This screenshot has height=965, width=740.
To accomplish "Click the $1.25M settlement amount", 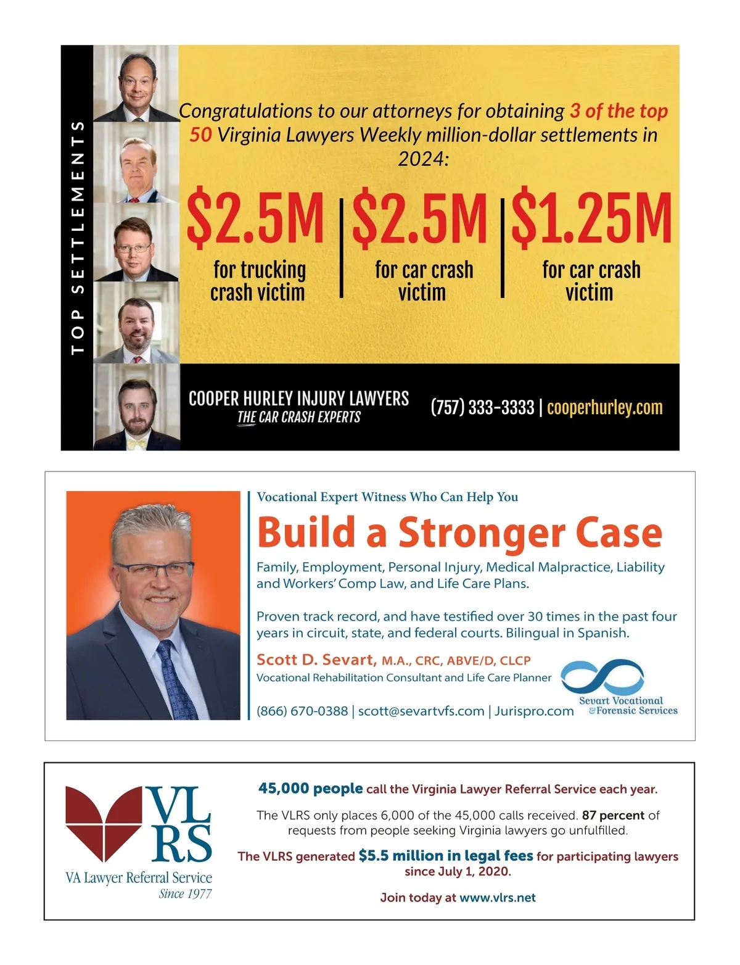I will point(591,219).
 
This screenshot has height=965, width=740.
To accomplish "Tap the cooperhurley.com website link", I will point(604,408).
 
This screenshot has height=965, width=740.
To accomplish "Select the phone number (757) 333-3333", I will point(482,408).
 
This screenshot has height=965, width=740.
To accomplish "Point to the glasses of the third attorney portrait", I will point(133,248).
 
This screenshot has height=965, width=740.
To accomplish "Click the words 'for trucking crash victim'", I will point(258,281).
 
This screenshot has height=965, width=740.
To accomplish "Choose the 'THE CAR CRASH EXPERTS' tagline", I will point(299,417).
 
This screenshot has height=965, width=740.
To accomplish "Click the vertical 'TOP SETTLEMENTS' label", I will point(77,238).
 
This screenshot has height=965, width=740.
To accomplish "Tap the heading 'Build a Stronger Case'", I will point(459,532).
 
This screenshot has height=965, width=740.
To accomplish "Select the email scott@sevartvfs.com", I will point(421,711).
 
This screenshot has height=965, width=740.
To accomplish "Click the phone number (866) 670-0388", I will point(302,711).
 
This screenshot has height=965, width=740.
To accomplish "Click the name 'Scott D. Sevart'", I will point(316,660).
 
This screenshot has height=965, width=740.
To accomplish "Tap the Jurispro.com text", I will point(534,711).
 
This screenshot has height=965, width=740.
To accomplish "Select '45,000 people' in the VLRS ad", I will point(310,789).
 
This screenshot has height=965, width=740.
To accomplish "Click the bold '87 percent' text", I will point(613,815).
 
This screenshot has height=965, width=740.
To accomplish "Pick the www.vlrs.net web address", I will point(498,898).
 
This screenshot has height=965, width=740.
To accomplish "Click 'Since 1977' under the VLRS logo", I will point(185,894).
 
